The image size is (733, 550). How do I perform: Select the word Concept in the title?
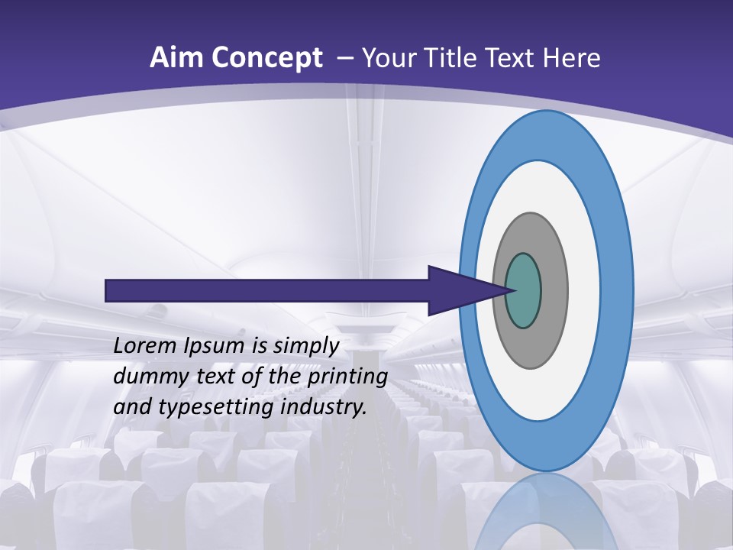[266, 58]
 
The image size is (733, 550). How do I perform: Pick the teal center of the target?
[523, 291]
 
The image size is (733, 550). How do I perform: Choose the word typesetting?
[216, 408]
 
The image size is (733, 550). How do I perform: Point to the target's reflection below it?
[547, 512]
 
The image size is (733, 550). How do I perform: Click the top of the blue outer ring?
[545, 134]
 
